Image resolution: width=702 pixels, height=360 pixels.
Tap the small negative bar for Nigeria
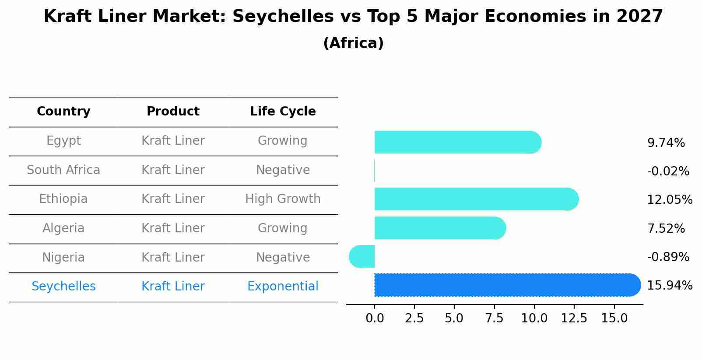click(362, 256)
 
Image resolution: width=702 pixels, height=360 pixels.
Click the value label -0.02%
click(668, 171)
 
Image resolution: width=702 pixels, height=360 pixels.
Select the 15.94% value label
click(670, 286)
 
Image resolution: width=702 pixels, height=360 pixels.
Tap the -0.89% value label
click(668, 257)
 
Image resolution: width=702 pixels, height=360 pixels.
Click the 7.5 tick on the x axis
click(494, 318)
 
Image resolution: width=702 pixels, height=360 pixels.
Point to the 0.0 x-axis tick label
click(375, 318)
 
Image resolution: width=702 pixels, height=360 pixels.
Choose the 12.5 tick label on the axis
click(574, 318)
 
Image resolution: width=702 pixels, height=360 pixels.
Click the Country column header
click(63, 112)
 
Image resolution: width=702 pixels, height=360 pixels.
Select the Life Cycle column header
click(283, 112)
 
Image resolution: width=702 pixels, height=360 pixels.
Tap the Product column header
click(173, 112)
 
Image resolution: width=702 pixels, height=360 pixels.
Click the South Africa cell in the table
click(63, 170)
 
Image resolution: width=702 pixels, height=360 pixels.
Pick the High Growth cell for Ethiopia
click(283, 199)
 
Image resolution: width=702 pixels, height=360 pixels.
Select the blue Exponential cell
click(283, 287)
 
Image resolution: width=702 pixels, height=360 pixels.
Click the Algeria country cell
click(63, 228)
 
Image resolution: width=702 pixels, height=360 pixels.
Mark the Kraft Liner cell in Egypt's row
click(173, 141)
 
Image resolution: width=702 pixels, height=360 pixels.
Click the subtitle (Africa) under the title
click(353, 43)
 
